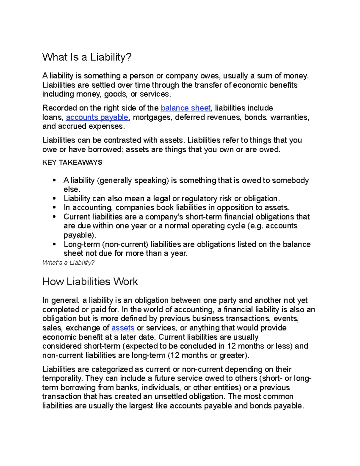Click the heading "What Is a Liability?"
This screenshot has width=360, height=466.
(x=87, y=57)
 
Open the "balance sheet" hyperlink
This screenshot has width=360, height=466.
(x=186, y=108)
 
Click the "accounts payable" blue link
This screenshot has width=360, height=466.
(x=97, y=117)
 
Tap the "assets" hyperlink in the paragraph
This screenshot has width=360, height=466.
(x=123, y=328)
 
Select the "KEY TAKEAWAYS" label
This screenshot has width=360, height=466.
(x=72, y=163)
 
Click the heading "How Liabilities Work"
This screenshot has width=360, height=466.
(x=90, y=282)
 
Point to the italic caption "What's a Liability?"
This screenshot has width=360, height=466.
(x=68, y=263)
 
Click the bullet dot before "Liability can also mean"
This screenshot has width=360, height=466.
(x=54, y=199)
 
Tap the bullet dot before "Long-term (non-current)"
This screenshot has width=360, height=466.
(x=54, y=245)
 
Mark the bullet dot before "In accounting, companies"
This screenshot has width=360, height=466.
(x=54, y=208)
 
